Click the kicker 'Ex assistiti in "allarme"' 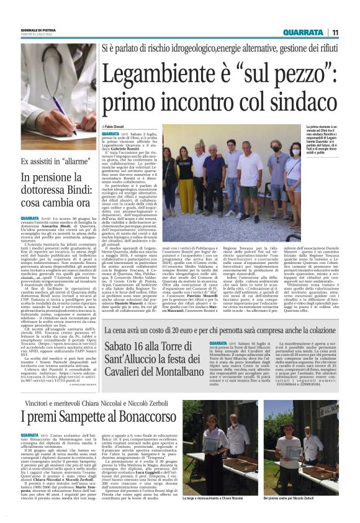pos(50,161)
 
